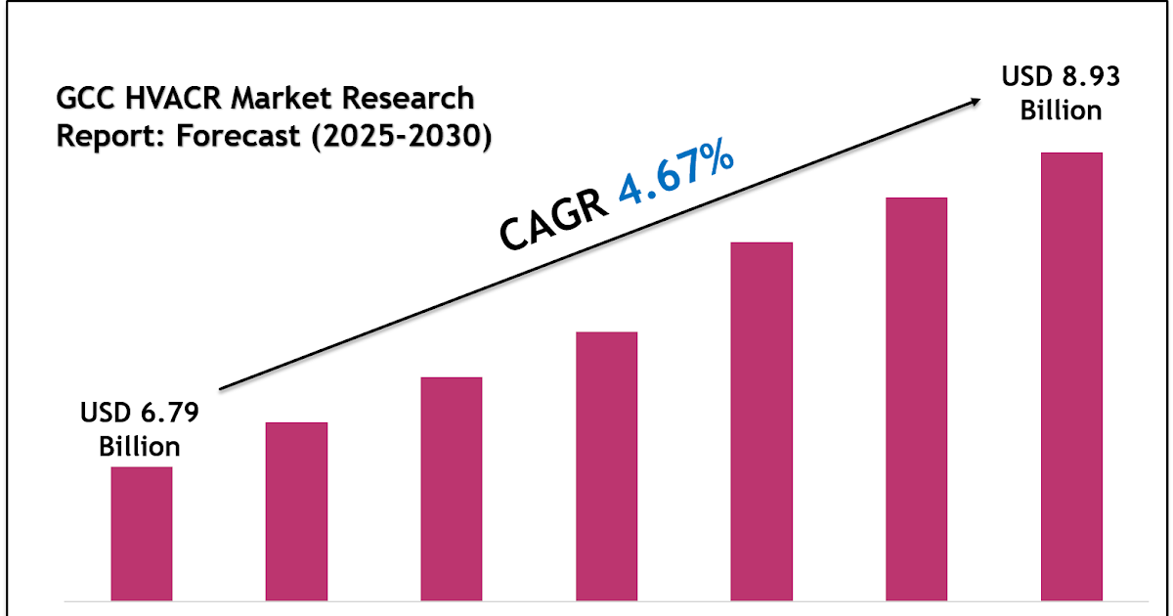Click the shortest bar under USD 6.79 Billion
142,533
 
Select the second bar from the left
296,510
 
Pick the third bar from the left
452,488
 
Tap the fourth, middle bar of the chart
606,465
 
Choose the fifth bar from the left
761,420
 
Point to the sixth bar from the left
916,398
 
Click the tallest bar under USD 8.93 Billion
1071,375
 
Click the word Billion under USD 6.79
140,447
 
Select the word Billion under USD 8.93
1061,110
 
